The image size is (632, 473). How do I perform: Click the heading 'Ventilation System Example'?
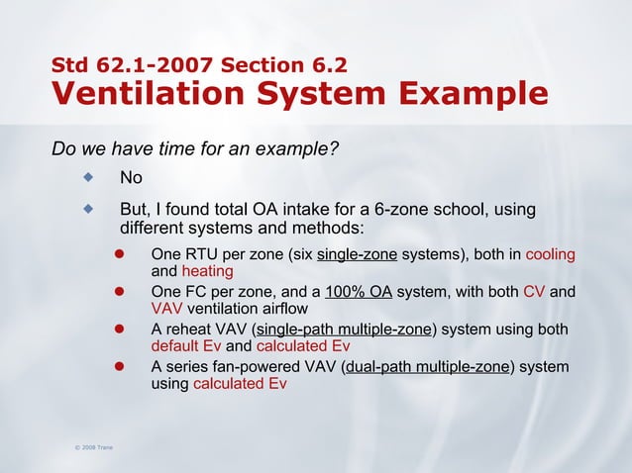299,94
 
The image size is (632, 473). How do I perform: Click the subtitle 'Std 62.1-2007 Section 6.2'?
199,66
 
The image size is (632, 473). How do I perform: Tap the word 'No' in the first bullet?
131,179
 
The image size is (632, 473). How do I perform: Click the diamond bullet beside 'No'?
88,178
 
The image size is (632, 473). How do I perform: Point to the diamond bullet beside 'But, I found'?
88,209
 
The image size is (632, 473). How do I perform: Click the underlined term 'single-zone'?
357,254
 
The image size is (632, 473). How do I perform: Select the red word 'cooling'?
550,254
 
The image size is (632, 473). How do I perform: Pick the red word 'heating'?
207,270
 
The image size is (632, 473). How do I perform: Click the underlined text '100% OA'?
359,293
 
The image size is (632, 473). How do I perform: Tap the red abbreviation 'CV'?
534,293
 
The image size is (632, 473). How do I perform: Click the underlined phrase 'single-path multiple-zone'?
344,331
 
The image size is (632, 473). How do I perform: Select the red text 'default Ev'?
186,346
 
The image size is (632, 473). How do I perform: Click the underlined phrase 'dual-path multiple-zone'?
427,368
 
